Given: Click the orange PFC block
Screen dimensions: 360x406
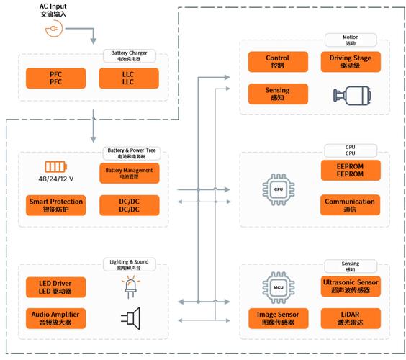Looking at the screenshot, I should tap(56, 78).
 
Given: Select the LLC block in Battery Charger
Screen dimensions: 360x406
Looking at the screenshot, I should tap(129, 78).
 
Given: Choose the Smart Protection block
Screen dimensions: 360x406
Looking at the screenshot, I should tap(55, 205).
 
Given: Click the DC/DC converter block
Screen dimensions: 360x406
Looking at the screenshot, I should tap(129, 205).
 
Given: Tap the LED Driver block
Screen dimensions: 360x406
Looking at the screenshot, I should tap(55, 286).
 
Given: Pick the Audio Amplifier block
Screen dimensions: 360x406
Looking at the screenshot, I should tap(55, 318).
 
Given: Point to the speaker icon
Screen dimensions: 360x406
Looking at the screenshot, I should tap(130, 317).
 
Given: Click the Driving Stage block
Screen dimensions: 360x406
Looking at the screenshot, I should tap(350, 61).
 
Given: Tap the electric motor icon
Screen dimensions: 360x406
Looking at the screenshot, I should tap(350, 94).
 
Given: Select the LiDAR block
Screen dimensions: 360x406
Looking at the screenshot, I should tap(350, 318).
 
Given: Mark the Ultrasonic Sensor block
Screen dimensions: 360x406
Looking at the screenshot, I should tap(350, 286).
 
